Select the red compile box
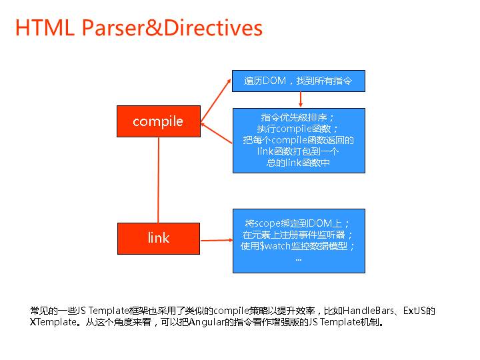(158, 121)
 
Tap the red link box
(158, 238)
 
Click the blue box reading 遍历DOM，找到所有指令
(298, 81)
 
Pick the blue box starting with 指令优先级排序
(298, 140)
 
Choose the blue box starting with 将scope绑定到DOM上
(298, 241)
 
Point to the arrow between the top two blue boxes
(301, 99)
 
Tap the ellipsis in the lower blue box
(298, 258)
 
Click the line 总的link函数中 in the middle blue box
(298, 163)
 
